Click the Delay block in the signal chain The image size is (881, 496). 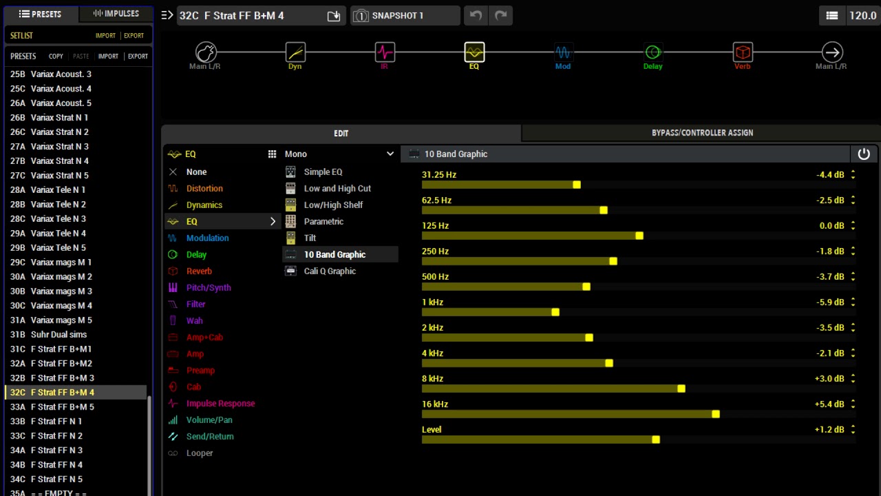point(652,52)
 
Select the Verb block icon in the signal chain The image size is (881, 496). point(742,52)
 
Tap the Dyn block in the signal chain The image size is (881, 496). point(295,52)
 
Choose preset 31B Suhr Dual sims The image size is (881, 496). point(59,334)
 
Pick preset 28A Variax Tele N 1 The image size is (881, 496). point(58,189)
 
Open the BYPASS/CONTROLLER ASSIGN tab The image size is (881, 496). point(701,133)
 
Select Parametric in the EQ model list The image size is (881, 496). point(323,221)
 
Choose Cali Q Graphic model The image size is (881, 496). point(330,271)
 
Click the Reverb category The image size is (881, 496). point(199,271)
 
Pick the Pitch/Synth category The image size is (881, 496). point(208,287)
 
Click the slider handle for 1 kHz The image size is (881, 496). point(555,312)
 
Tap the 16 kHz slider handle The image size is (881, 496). point(716,414)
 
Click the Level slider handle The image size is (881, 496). point(656,440)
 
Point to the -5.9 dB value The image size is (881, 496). point(829,302)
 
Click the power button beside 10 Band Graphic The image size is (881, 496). point(864,154)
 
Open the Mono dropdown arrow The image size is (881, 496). point(390,154)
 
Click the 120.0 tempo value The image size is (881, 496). point(862,15)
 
